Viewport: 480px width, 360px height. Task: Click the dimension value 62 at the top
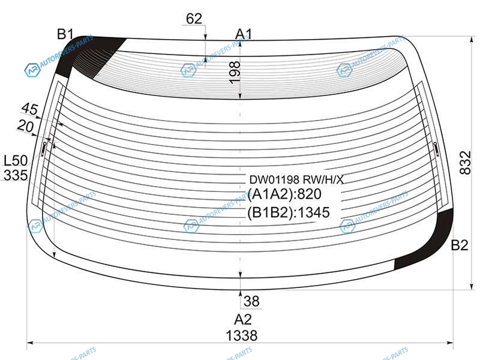[x=194, y=19]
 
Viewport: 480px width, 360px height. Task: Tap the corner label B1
[x=65, y=34]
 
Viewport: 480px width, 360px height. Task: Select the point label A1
[x=244, y=34]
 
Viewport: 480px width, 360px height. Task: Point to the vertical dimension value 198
[x=235, y=73]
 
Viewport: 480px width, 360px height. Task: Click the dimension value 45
[x=30, y=109]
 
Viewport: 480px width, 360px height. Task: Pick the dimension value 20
[x=25, y=125]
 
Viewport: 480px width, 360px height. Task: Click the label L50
[x=16, y=160]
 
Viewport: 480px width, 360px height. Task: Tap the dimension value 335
[x=16, y=175]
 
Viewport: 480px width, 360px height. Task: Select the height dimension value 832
[x=465, y=163]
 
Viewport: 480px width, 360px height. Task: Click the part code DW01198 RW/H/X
[x=296, y=179]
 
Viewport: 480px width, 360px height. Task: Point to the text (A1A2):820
[x=284, y=194]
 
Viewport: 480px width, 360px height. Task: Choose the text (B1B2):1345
[x=289, y=212]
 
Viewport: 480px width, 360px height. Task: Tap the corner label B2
[x=460, y=245]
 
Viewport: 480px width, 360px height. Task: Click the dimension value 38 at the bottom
[x=251, y=301]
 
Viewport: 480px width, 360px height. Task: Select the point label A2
[x=243, y=320]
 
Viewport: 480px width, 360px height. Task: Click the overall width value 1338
[x=242, y=335]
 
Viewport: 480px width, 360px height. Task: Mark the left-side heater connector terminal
[x=44, y=149]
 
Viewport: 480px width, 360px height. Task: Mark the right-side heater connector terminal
[x=436, y=149]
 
